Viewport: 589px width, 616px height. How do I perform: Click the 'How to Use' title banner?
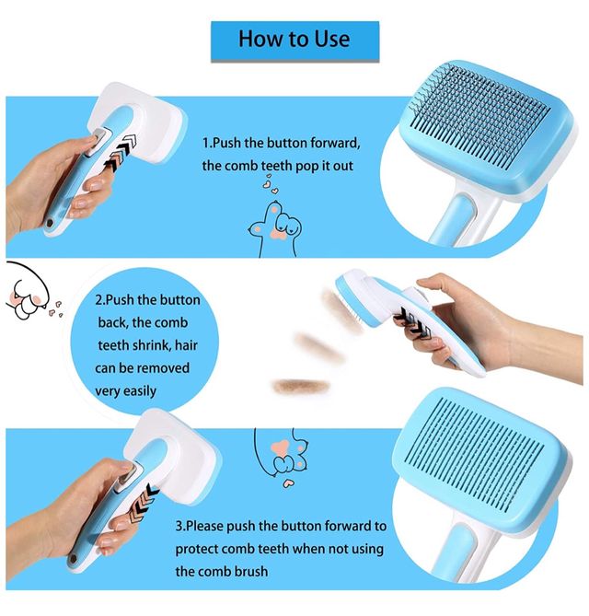coord(294,41)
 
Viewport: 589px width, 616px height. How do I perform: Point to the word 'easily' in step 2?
coord(140,391)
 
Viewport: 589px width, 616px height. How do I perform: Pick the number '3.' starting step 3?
coord(180,526)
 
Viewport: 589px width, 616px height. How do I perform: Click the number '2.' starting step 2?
coord(100,300)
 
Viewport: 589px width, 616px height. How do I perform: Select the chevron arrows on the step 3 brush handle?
coord(143,505)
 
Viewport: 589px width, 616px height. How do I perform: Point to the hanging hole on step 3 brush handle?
coord(73,558)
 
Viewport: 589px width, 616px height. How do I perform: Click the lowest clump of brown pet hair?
coord(301,386)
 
